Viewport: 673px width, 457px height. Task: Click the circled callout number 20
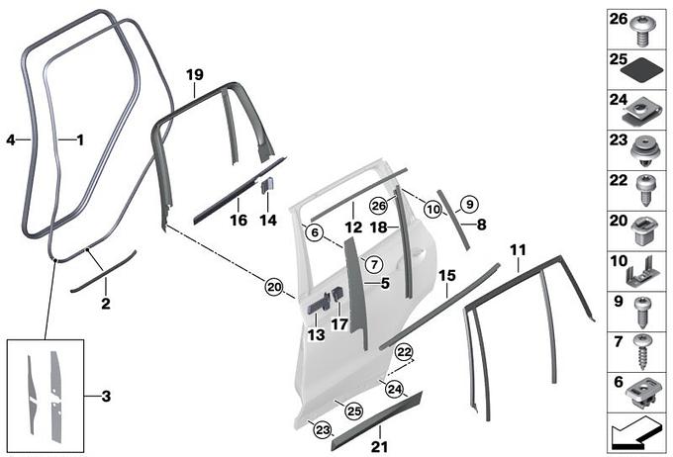274,287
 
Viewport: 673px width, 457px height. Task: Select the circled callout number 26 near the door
378,206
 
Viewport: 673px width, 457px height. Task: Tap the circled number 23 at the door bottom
323,429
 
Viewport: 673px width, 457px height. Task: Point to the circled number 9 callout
469,204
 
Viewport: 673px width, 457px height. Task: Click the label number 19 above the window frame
194,74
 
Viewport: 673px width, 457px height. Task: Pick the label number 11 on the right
518,249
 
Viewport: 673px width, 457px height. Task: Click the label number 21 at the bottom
379,447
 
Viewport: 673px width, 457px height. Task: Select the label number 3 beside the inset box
106,396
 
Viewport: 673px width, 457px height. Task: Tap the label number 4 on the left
11,139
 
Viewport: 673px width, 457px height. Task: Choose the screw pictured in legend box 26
642,30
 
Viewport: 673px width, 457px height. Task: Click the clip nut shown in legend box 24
638,111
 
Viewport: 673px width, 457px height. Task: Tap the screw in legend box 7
643,352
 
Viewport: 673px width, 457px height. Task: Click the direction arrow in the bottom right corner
634,435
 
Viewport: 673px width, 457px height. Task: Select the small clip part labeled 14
267,185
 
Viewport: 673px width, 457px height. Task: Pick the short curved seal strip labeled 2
104,272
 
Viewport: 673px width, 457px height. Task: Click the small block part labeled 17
337,296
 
